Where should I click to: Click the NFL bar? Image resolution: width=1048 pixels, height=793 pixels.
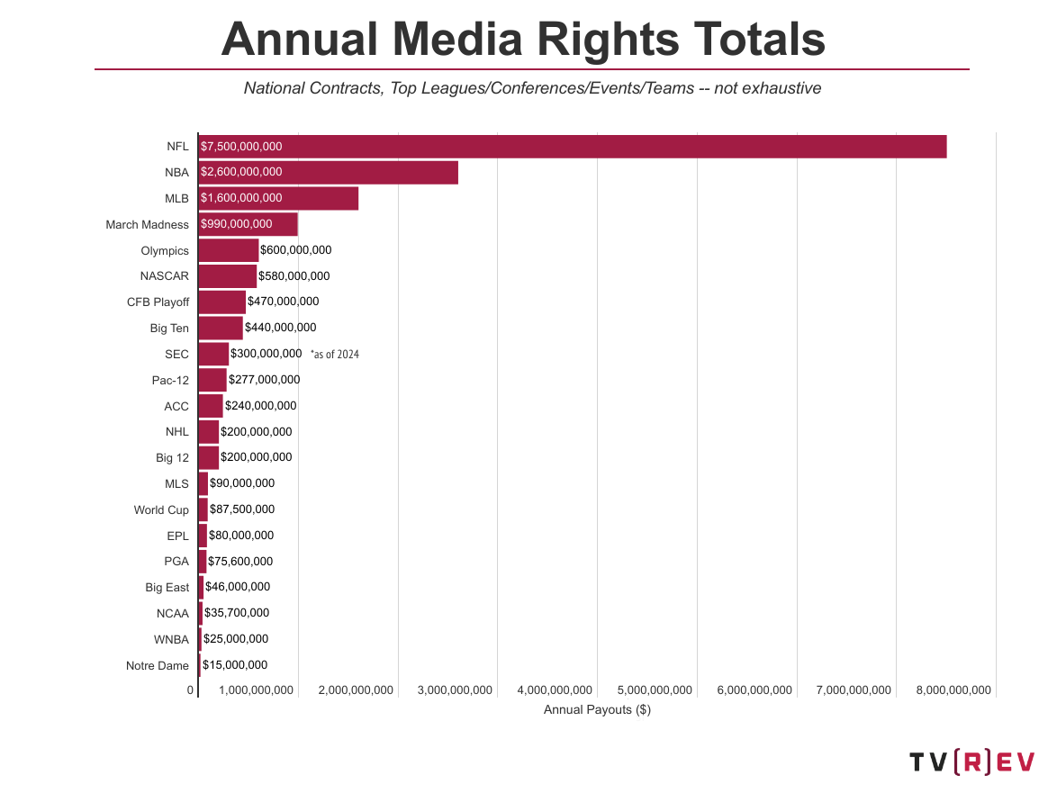point(572,147)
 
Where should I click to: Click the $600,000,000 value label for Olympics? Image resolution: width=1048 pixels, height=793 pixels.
point(295,250)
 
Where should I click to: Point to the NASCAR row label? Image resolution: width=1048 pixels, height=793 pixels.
point(165,276)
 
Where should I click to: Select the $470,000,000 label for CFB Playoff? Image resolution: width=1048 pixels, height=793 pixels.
point(283,302)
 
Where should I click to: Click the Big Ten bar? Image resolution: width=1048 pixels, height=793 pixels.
point(221,329)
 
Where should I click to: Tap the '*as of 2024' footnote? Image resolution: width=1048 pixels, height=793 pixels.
point(334,355)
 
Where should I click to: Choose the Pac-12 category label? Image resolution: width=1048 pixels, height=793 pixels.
point(170,381)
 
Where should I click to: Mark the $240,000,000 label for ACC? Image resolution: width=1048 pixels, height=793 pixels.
point(260,406)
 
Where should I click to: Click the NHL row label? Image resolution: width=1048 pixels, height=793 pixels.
point(177,432)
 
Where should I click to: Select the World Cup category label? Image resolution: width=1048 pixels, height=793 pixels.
point(161,510)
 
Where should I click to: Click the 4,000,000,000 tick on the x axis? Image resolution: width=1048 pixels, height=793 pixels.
point(555,690)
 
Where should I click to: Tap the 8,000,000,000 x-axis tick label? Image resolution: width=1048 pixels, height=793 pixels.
point(953,690)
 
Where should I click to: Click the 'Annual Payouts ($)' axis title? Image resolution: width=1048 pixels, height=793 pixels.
point(597,710)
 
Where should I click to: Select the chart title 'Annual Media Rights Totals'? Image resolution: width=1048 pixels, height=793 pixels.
point(523,39)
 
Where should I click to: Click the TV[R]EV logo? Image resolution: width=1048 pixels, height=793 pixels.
point(971,762)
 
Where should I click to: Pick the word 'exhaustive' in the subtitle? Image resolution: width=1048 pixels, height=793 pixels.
point(781,88)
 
